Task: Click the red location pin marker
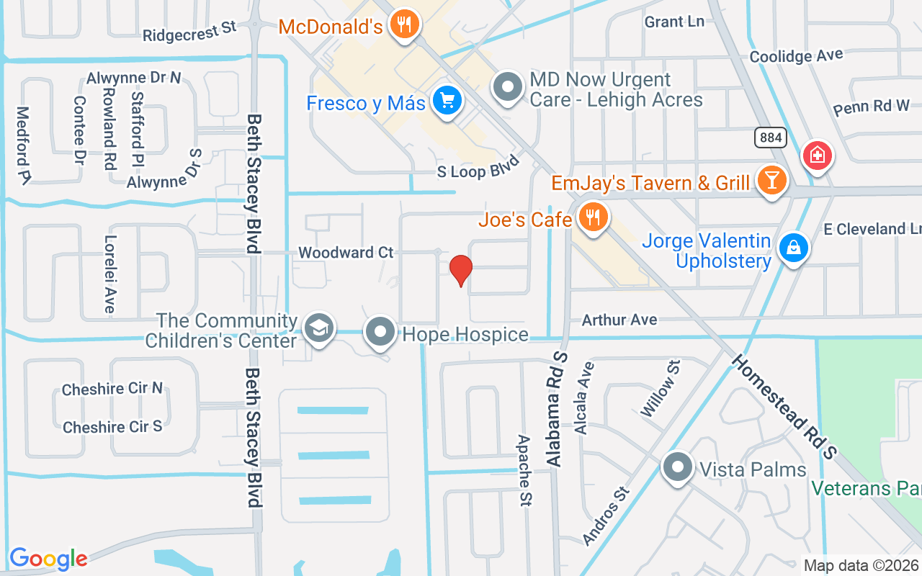pos(460,270)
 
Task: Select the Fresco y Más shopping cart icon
pos(447,102)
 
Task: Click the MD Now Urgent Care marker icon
pos(509,88)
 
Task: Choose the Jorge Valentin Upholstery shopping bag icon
pos(793,248)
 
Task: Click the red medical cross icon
pos(818,156)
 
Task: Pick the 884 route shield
pos(770,137)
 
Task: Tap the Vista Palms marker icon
pos(677,469)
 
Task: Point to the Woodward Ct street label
pos(346,253)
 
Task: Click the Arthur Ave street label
pos(619,319)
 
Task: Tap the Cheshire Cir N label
pos(112,389)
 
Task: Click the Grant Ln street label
pos(674,22)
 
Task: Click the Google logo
pos(48,559)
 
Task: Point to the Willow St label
pos(660,390)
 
